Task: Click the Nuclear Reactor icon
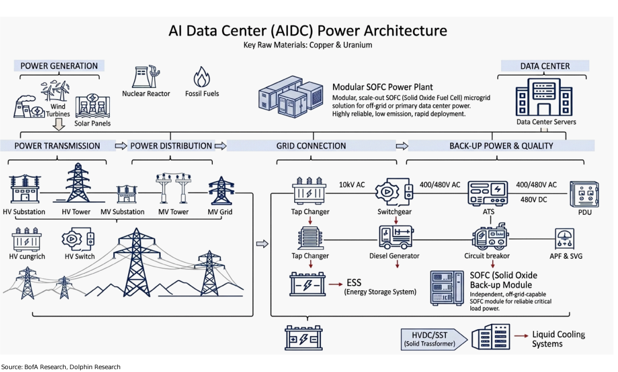[145, 77]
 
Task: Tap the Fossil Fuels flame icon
[201, 77]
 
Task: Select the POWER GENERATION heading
[59, 66]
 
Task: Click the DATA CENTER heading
[545, 66]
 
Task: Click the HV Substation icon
[24, 190]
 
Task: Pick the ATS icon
[489, 193]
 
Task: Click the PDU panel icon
[584, 195]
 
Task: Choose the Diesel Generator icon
[395, 237]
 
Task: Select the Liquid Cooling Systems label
[558, 339]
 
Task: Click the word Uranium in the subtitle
[357, 45]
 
